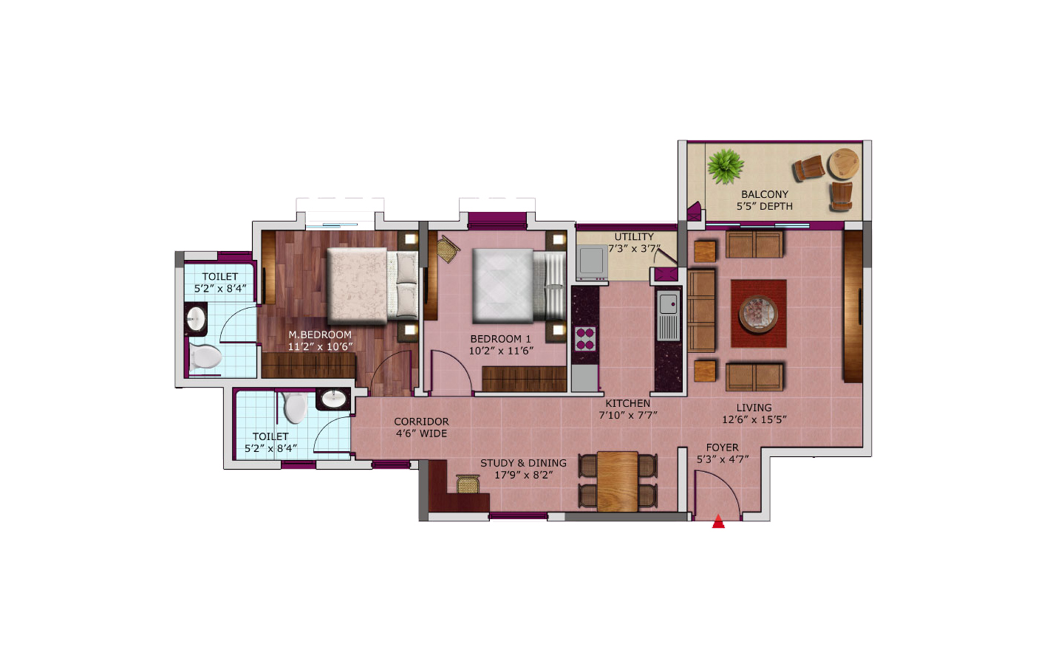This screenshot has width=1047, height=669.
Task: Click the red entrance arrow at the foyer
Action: pos(718,521)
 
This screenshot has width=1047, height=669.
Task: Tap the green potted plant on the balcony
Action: pos(725,166)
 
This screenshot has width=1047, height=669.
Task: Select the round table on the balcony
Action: pos(844,163)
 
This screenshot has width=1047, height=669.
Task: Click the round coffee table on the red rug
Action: pos(758,314)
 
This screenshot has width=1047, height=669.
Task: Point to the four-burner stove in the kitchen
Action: pos(585,339)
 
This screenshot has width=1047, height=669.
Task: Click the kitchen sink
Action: pos(669,315)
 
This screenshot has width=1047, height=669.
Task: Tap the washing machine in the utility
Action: pos(592,262)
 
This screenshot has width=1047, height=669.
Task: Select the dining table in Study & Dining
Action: pos(618,481)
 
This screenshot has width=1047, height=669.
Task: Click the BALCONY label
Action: pos(765,194)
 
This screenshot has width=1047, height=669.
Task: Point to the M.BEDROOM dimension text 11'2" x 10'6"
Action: pos(320,346)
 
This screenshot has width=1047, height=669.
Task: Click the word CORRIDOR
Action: pos(421,422)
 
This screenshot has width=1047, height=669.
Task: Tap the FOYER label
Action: pos(722,447)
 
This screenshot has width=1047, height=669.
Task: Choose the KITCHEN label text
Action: pos(628,403)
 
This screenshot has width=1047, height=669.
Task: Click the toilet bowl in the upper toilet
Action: pos(204,357)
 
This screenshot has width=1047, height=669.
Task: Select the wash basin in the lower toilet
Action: pos(334,399)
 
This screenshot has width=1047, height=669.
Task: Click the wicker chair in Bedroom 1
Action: pos(448,249)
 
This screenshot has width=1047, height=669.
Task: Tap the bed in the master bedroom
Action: pos(372,286)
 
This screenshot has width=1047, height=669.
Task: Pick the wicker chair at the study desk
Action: pos(468,484)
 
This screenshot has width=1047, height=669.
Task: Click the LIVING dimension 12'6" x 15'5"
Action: pos(754,419)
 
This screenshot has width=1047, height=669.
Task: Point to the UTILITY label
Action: pos(634,237)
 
